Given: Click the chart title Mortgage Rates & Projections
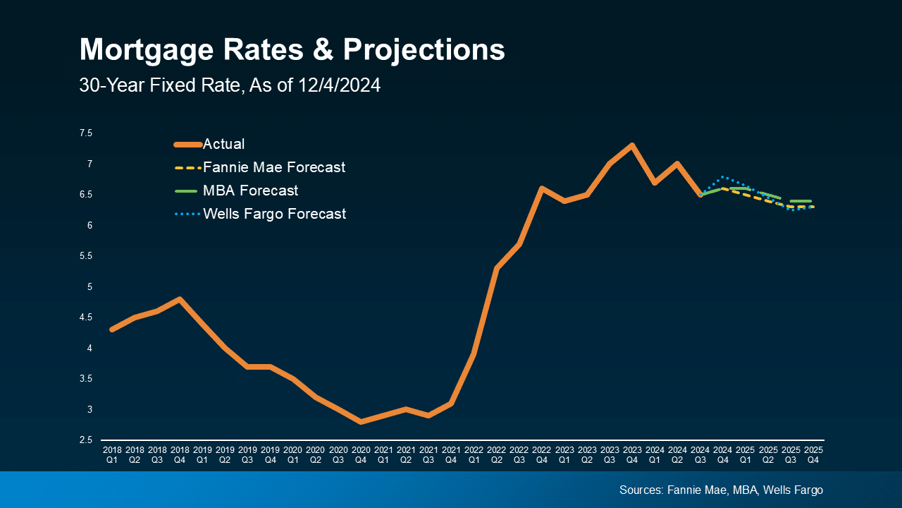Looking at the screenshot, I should pyautogui.click(x=292, y=50).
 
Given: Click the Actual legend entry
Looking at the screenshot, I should pyautogui.click(x=223, y=145).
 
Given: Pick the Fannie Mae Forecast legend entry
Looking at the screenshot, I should pyautogui.click(x=273, y=168).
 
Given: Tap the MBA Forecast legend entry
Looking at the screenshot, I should pyautogui.click(x=250, y=190).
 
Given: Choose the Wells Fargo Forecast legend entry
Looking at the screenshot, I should pyautogui.click(x=274, y=214).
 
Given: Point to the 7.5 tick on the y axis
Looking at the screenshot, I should pyautogui.click(x=85, y=133).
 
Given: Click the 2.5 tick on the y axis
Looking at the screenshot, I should pyautogui.click(x=85, y=440).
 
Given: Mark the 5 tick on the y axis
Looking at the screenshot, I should pyautogui.click(x=89, y=286).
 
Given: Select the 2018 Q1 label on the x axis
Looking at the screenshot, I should pyautogui.click(x=112, y=454).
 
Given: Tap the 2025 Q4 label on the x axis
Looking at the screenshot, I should pyautogui.click(x=813, y=454).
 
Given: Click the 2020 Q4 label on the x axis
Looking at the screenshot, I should pyautogui.click(x=361, y=454).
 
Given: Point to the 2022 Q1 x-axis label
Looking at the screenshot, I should pyautogui.click(x=474, y=454).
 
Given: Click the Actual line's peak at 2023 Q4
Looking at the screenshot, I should pyautogui.click(x=632, y=145).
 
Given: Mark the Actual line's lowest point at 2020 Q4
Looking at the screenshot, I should pyautogui.click(x=361, y=422).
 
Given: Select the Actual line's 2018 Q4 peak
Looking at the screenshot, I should pyautogui.click(x=180, y=299).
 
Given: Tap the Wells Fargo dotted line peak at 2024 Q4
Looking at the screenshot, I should pyautogui.click(x=723, y=176).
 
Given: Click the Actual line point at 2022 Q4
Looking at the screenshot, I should pyautogui.click(x=542, y=188).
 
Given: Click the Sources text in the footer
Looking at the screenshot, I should pyautogui.click(x=721, y=490).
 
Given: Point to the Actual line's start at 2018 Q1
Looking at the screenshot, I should pyautogui.click(x=112, y=329).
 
